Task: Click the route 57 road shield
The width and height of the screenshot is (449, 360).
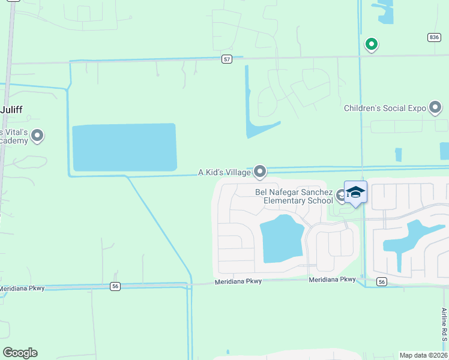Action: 226,59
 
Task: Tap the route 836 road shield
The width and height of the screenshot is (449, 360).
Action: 435,37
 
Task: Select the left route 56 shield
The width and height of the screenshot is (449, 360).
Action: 115,287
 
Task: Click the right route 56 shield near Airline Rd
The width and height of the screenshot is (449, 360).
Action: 381,281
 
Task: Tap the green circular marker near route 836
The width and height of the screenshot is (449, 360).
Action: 372,44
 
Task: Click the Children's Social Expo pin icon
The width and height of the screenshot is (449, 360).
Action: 436,108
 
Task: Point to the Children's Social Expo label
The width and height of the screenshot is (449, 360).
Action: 385,109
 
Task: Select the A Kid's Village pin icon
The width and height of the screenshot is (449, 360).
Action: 260,172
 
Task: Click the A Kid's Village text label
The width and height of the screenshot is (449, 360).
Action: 224,172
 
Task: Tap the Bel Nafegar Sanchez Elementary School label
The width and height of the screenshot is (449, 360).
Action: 294,196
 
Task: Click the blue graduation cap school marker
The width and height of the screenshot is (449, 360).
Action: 355,192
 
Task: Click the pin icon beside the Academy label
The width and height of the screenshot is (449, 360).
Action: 37,136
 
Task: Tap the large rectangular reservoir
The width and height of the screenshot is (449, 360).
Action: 124,148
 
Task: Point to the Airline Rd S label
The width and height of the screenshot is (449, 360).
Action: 444,324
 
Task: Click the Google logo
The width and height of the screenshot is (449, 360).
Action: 20,353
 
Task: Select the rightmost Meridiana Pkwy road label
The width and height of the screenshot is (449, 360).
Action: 332,280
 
